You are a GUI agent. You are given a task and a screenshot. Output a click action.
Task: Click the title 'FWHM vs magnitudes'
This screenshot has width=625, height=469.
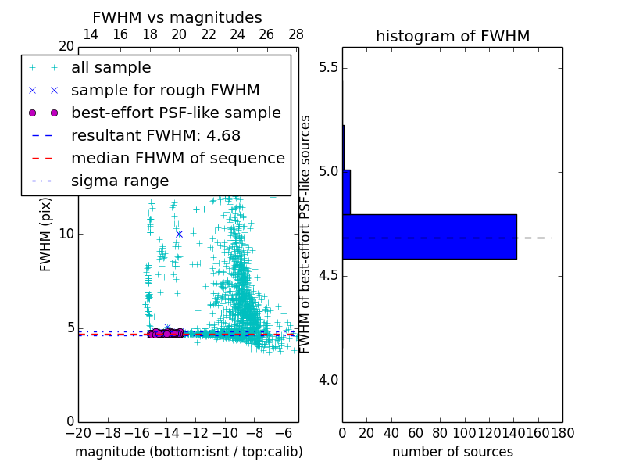177,18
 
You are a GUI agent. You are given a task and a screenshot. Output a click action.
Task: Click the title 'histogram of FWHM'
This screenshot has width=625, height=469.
452,36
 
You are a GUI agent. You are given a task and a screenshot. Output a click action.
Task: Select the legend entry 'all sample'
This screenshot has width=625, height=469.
111,68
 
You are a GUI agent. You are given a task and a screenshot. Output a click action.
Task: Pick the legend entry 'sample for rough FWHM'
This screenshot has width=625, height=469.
165,91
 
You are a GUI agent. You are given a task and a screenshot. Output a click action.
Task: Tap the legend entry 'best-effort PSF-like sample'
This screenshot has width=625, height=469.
176,113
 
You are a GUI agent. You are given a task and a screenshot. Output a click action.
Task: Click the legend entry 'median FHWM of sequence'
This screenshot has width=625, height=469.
177,159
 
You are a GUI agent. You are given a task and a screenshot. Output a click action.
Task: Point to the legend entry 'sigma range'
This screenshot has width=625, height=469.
120,181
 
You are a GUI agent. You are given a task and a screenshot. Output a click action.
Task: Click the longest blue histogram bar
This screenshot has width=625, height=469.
429,236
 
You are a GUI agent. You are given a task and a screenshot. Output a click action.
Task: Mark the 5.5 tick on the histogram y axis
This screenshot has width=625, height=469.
328,67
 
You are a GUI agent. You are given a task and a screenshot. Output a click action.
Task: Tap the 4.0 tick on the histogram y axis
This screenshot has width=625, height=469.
328,381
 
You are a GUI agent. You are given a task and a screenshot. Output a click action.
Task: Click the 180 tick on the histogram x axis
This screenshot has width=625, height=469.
562,432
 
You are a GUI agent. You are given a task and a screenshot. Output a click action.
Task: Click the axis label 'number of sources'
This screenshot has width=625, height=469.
452,452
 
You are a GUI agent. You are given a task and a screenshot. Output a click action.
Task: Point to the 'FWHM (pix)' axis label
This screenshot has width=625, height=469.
46,235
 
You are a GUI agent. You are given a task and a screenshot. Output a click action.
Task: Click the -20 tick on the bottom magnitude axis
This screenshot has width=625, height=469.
78,432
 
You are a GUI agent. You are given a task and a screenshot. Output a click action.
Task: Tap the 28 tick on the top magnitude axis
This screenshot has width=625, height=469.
296,34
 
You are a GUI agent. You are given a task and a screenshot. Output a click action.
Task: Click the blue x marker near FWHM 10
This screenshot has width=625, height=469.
179,234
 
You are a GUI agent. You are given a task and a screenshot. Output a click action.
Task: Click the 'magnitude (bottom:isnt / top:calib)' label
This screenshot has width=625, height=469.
188,452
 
